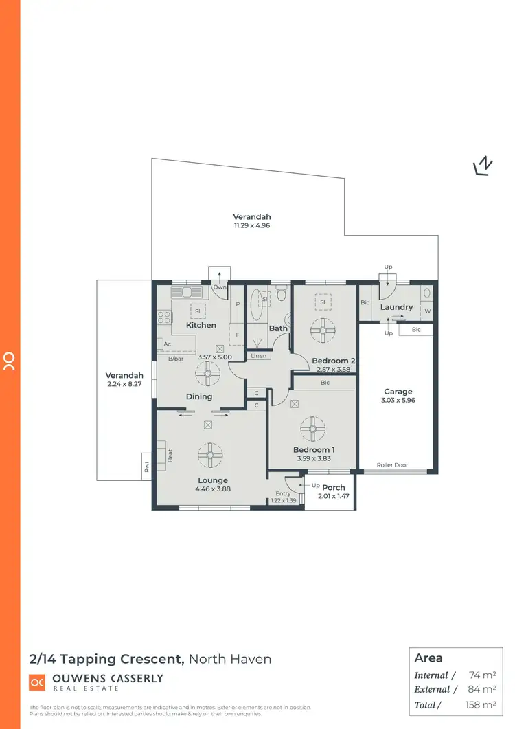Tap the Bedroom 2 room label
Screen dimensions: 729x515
click(x=333, y=361)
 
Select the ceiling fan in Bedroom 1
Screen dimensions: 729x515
click(x=312, y=430)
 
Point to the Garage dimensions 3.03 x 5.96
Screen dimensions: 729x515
click(x=398, y=400)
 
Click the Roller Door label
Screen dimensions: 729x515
click(x=392, y=465)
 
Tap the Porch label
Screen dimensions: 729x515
click(x=334, y=488)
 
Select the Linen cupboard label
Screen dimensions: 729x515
click(x=258, y=355)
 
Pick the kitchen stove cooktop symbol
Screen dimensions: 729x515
click(x=165, y=317)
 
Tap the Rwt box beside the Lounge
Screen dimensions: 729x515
click(x=146, y=467)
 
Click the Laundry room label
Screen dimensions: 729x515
click(x=396, y=307)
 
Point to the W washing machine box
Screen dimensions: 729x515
click(x=427, y=310)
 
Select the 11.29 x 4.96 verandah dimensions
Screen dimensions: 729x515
click(x=247, y=225)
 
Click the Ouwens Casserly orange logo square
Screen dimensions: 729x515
click(x=36, y=682)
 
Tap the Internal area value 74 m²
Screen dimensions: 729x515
click(x=483, y=675)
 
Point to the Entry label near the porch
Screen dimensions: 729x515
click(x=283, y=493)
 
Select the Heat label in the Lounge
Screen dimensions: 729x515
click(x=170, y=456)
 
